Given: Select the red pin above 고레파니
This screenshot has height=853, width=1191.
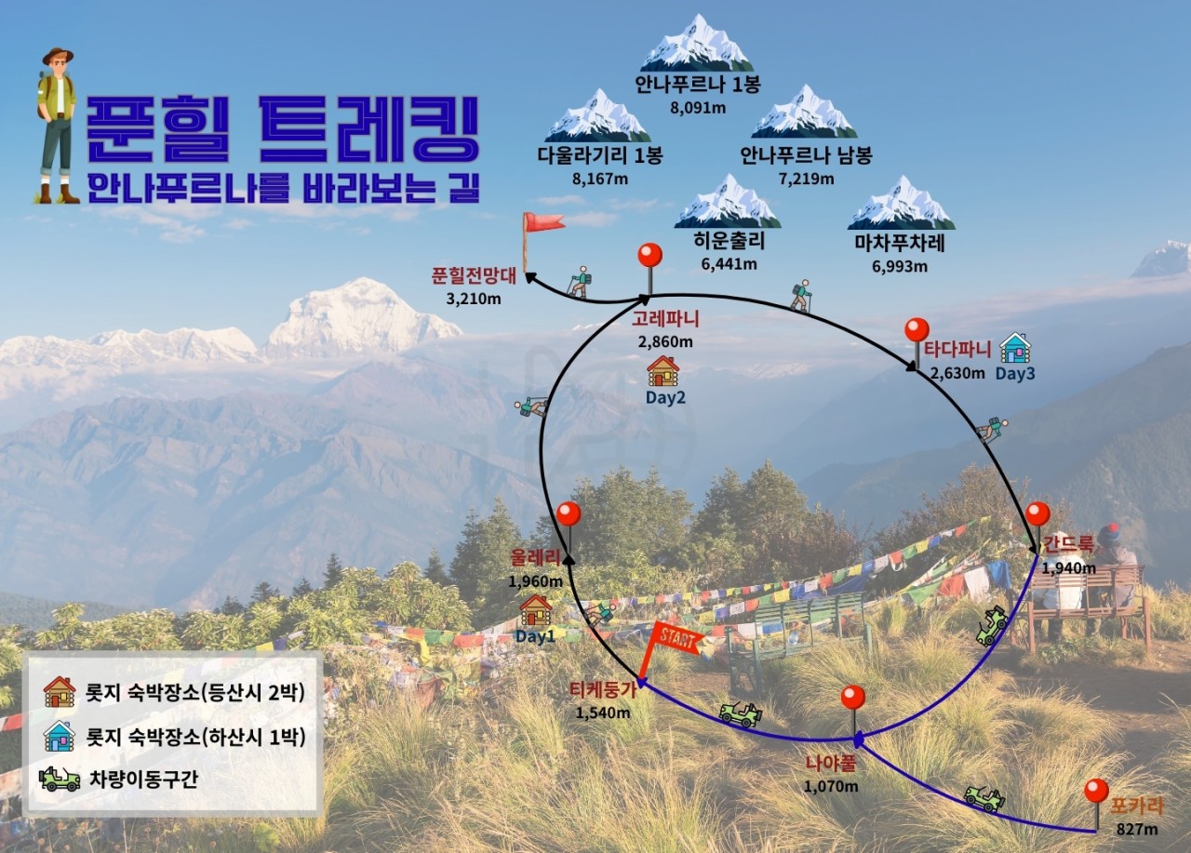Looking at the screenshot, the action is click(649, 257).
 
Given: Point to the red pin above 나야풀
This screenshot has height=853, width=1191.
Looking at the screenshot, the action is click(852, 698).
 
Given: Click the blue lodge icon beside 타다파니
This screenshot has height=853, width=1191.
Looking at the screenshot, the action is click(1015, 348).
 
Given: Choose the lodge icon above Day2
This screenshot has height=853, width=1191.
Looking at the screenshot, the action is click(662, 370).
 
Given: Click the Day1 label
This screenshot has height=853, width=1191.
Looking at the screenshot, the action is click(535, 636).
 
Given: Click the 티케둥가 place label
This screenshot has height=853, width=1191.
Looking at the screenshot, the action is click(604, 690).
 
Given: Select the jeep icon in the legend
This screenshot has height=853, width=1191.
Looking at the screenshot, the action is click(60, 778).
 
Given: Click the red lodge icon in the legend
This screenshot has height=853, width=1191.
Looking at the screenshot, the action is click(60, 691).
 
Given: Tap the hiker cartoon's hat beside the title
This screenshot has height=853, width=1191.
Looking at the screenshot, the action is click(57, 56).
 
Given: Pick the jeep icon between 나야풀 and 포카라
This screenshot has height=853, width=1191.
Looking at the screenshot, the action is click(984, 797).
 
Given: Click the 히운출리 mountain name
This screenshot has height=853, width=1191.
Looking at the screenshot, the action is click(729, 242).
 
